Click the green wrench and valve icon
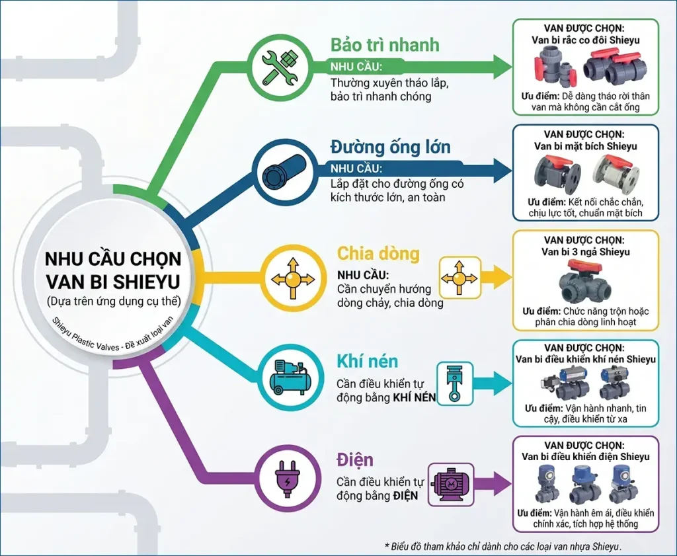tap(280, 67)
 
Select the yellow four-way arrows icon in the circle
tap(293, 278)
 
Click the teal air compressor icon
tap(291, 377)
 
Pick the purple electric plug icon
tap(287, 478)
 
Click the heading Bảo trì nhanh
tap(385, 45)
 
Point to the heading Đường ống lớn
tap(390, 147)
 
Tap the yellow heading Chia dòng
tap(378, 253)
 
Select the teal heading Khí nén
tap(368, 361)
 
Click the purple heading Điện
tap(355, 459)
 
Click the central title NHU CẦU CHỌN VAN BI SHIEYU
tap(113, 270)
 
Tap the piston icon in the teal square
tap(455, 383)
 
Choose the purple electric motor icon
tap(451, 485)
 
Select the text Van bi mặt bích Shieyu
tap(586, 146)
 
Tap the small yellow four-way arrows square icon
tap(460, 278)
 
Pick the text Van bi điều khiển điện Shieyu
tap(586, 457)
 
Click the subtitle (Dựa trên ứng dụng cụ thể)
tap(114, 301)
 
